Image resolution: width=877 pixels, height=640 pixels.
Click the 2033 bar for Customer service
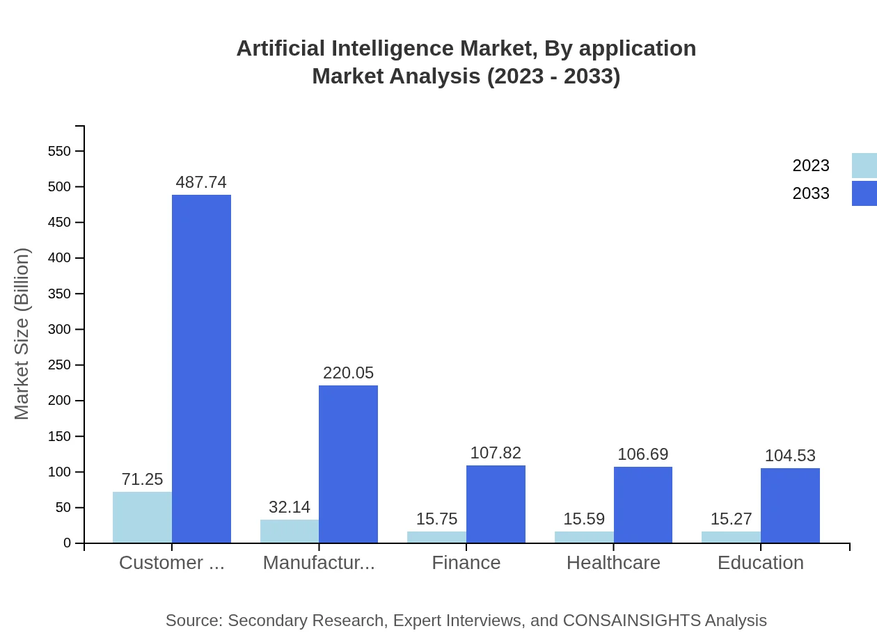[201, 369]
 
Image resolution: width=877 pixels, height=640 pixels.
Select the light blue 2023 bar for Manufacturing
[290, 531]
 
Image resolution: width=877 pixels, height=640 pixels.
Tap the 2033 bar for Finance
[496, 504]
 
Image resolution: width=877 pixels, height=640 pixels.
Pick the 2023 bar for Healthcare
[584, 537]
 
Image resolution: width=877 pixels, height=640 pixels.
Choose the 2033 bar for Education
[790, 506]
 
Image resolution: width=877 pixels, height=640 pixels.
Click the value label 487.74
[201, 182]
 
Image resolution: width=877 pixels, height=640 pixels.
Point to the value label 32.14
[290, 507]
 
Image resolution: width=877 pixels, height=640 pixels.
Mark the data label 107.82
[496, 453]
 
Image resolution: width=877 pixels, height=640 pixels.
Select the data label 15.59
[584, 519]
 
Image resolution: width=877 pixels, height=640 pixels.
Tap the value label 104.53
[790, 456]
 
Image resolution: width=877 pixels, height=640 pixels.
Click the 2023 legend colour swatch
[864, 166]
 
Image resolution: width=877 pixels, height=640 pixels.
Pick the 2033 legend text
[811, 193]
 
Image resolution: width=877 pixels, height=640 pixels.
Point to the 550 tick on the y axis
[59, 151]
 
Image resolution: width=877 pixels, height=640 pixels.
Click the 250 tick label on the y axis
[59, 365]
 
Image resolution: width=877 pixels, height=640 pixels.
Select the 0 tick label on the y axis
[68, 543]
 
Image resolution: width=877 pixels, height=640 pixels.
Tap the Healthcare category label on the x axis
[613, 563]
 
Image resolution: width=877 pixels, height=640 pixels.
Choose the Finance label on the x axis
[466, 563]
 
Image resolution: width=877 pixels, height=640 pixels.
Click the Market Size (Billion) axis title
[22, 334]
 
